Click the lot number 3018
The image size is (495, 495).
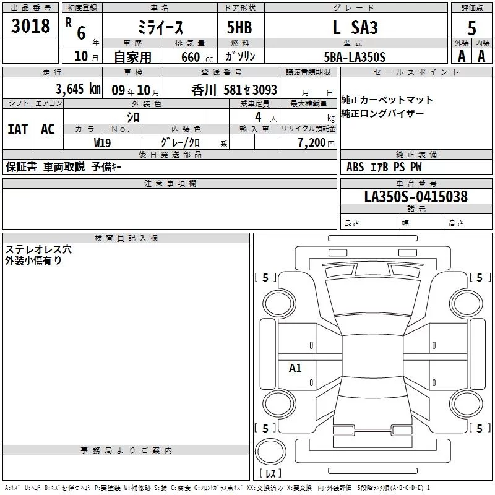click(x=30, y=26)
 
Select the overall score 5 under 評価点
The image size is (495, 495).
click(x=471, y=28)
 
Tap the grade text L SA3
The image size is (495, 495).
click(x=355, y=27)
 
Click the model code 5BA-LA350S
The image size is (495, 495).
click(x=355, y=57)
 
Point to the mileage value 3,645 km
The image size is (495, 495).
click(x=78, y=89)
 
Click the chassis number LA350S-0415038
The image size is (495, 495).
click(x=416, y=197)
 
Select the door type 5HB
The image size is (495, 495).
click(x=239, y=27)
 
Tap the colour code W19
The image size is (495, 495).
click(x=102, y=143)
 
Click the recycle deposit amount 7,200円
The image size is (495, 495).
click(x=316, y=143)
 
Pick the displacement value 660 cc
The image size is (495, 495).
click(x=197, y=58)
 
